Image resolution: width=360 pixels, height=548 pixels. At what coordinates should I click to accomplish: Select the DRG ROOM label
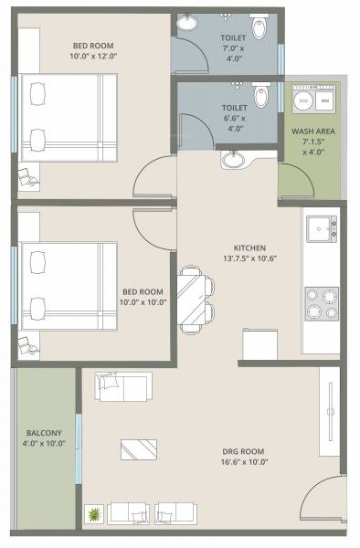click(x=243, y=455)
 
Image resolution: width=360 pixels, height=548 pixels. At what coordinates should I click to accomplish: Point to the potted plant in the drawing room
click(x=93, y=515)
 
